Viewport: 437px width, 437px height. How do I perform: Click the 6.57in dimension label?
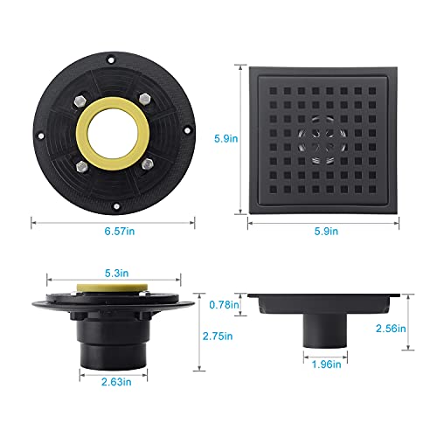click(x=120, y=232)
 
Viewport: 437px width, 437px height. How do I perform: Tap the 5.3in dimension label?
click(x=116, y=274)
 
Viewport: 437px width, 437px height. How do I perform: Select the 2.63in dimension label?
click(x=116, y=382)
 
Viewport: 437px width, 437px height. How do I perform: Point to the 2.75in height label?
click(x=218, y=336)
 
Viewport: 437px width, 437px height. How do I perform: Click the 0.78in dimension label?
click(x=224, y=305)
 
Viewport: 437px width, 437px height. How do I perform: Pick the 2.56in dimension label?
click(x=391, y=329)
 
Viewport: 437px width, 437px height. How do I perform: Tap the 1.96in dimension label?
click(x=326, y=364)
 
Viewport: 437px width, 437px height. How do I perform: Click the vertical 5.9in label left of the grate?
click(x=226, y=139)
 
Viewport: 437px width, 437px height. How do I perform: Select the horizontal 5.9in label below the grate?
click(x=326, y=232)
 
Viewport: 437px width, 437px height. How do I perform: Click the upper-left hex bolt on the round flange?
click(x=80, y=101)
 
